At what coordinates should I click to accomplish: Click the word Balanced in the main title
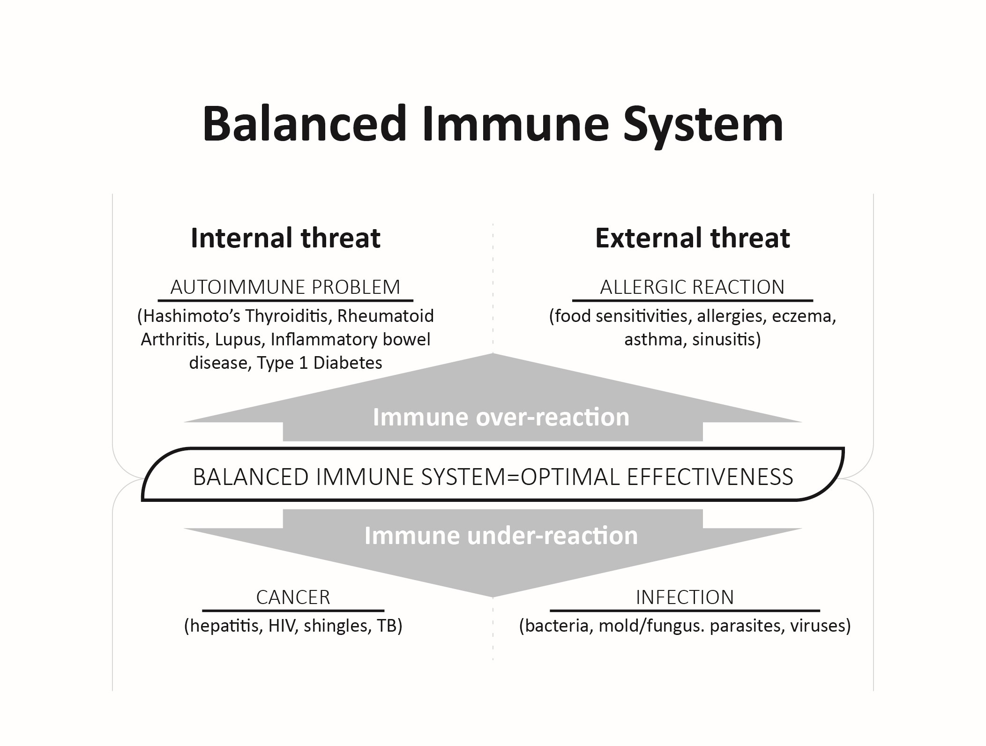304,124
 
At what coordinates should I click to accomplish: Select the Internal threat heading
285,238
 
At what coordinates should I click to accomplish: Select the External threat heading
692,238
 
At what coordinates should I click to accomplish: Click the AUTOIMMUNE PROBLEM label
285,287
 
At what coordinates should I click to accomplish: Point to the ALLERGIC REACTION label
692,287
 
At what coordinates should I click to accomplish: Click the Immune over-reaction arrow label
501,417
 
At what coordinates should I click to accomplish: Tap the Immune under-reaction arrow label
501,536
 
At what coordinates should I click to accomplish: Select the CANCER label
293,597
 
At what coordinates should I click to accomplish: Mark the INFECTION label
685,597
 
